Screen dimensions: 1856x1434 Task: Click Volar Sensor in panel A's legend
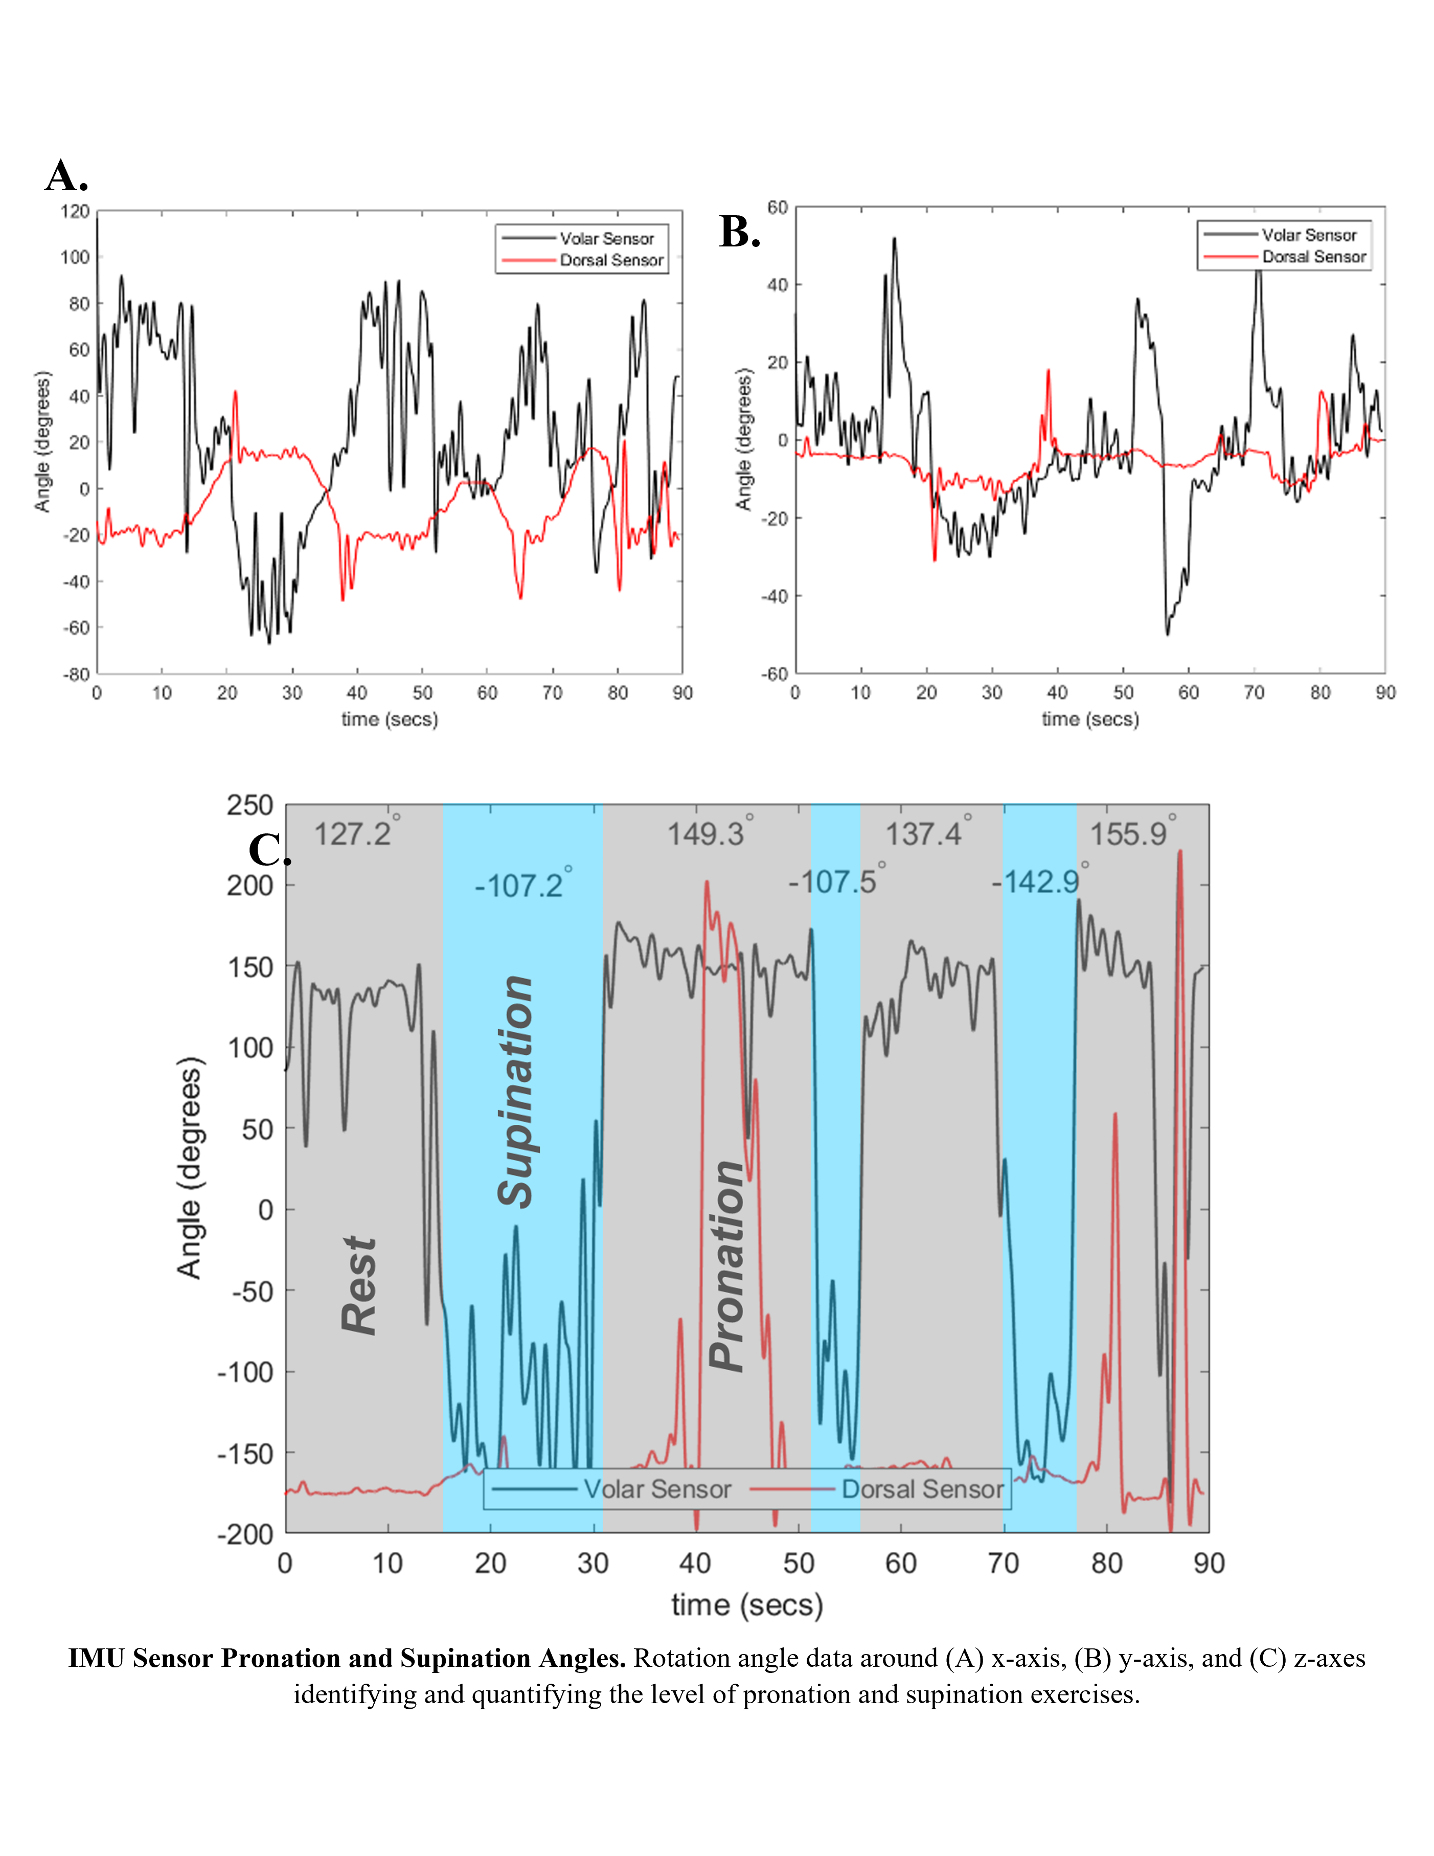606,239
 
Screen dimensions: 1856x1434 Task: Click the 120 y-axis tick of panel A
75,211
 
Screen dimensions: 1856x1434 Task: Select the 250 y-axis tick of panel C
250,805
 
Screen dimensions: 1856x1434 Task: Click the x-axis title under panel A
390,720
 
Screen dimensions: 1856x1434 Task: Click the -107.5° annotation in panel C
832,881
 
